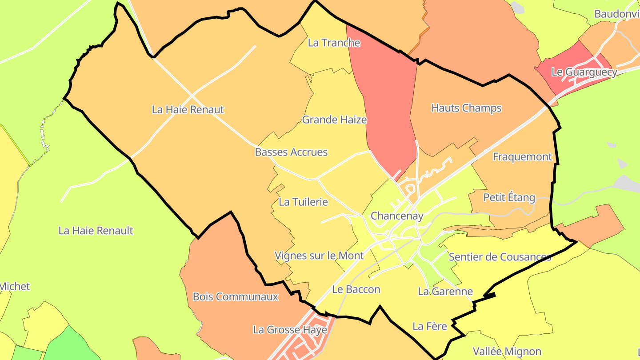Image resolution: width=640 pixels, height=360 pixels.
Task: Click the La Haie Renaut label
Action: pos(188,109)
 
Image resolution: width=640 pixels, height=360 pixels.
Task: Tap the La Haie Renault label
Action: pos(96,231)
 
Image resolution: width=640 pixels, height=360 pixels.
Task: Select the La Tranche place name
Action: pos(334,43)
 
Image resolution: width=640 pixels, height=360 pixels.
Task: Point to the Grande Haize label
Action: pos(334,120)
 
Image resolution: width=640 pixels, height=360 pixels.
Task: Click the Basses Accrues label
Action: pos(291,152)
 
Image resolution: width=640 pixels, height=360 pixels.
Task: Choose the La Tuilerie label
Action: pos(303,202)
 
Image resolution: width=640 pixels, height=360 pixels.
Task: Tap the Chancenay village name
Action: pos(396,216)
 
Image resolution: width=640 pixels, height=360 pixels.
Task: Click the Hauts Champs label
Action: pos(466,108)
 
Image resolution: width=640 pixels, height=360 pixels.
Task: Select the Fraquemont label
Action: pos(522,156)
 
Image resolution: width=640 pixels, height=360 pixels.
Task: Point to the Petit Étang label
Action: pos(509,197)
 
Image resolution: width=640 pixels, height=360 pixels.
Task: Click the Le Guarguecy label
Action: pos(584,72)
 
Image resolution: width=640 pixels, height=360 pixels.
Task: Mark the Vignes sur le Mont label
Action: pos(319,256)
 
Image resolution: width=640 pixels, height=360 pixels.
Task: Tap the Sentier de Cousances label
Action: pos(500,257)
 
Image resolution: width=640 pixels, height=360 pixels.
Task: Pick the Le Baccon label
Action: pos(356,289)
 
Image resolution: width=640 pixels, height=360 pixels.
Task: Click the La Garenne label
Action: pos(445,292)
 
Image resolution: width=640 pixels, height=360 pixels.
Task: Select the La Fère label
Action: pos(429,326)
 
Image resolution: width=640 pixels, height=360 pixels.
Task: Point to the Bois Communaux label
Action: pos(235,296)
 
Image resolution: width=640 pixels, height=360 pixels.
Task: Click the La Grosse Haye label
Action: pos(290,330)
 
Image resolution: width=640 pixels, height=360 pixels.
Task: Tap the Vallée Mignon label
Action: pos(507,352)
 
